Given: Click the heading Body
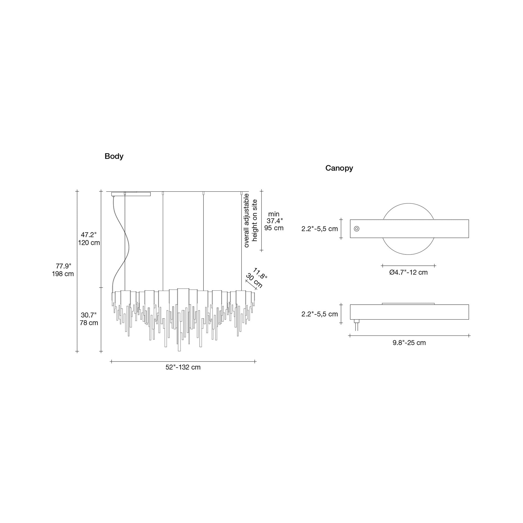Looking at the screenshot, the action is [114, 156].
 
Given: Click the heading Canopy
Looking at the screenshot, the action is [339, 168].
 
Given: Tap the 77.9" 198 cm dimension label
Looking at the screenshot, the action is [63, 270].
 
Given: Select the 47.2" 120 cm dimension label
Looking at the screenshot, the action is [89, 239].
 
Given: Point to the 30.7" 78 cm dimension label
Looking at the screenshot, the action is [89, 319].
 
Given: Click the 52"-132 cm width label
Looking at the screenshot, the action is [183, 367].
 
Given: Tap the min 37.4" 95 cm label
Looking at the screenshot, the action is [274, 221].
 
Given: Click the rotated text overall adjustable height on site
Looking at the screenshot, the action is [250, 220].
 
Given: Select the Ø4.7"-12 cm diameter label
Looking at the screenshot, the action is [409, 272].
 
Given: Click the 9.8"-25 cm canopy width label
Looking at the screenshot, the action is [409, 343].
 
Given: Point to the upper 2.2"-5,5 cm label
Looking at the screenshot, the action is [320, 229].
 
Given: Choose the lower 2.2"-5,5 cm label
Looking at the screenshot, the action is [320, 314].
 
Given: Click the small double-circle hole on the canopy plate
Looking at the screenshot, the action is [357, 229].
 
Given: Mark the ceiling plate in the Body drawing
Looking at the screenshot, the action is [131, 194].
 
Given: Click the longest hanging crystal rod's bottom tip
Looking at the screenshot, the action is [179, 351].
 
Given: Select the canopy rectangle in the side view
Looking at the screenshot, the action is [409, 312].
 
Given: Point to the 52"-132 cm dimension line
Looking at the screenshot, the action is [183, 361].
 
